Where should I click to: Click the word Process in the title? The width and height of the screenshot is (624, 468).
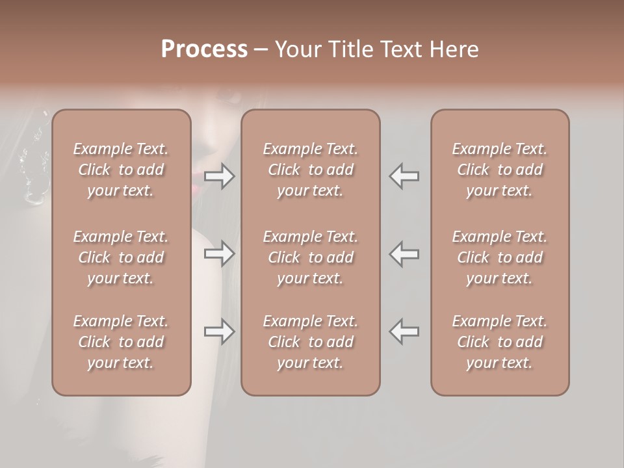(x=204, y=49)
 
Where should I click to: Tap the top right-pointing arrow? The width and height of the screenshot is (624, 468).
(x=219, y=175)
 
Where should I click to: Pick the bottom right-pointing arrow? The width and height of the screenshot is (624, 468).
(x=219, y=331)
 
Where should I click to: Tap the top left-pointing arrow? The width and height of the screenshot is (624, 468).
(x=404, y=175)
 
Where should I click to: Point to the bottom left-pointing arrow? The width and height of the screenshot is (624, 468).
(x=404, y=331)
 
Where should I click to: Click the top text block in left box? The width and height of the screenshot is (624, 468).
(x=121, y=170)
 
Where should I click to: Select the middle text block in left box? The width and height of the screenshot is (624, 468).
(x=121, y=257)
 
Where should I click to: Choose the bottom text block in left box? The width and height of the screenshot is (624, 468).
(x=121, y=342)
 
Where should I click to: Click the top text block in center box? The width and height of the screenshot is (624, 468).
(x=311, y=170)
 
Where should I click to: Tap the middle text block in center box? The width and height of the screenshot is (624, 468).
(x=311, y=257)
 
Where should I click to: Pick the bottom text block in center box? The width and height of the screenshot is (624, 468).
(x=311, y=342)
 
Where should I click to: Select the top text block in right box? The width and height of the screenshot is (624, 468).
(x=500, y=170)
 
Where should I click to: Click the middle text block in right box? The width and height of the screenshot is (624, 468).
(x=500, y=257)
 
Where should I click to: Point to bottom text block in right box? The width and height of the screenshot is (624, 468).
(x=500, y=342)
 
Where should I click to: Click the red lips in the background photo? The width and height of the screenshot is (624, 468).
(x=196, y=188)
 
